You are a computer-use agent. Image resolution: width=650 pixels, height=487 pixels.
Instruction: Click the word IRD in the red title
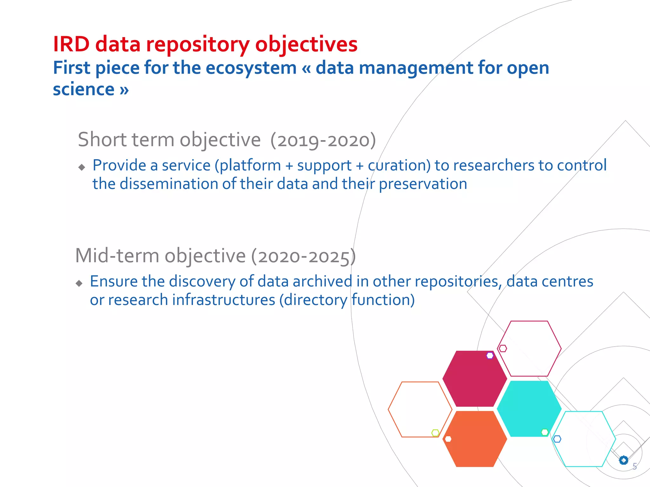(71, 44)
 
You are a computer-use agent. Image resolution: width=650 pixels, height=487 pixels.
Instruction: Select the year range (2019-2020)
(323, 140)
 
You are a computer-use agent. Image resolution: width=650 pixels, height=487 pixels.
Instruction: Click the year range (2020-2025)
(303, 256)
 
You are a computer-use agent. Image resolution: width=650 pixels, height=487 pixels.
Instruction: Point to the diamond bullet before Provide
(82, 167)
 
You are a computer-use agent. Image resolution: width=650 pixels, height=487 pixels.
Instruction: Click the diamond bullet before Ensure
(79, 283)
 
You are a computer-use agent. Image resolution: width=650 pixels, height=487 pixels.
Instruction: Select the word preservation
(423, 184)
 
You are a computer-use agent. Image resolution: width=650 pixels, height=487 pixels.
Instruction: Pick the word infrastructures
(223, 300)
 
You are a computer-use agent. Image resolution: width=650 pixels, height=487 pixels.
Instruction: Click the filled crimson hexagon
(474, 379)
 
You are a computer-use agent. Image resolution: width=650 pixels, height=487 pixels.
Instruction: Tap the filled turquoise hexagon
(529, 409)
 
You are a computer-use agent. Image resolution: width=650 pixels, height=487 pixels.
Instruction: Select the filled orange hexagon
(474, 439)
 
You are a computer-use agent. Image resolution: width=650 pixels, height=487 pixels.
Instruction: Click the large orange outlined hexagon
(420, 409)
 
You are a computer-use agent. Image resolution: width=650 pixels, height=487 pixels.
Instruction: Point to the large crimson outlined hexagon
(529, 348)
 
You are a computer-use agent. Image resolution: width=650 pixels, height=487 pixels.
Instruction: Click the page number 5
(634, 466)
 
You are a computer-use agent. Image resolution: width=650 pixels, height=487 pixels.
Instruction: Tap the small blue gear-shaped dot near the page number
(624, 460)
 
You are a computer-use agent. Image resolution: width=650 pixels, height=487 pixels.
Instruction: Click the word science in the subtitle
(83, 89)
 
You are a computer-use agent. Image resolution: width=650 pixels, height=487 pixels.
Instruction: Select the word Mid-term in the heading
(117, 256)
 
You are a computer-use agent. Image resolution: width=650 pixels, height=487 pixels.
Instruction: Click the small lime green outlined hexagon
(435, 433)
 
